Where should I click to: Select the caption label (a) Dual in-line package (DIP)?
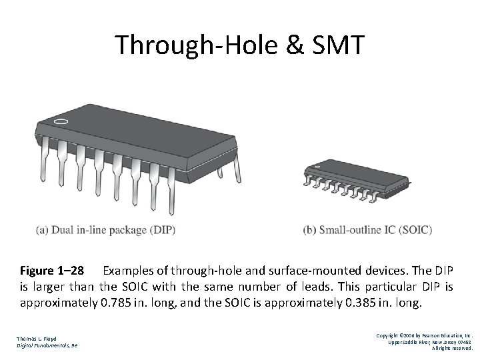tap(107, 231)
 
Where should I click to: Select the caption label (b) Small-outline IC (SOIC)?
tap(367, 231)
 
